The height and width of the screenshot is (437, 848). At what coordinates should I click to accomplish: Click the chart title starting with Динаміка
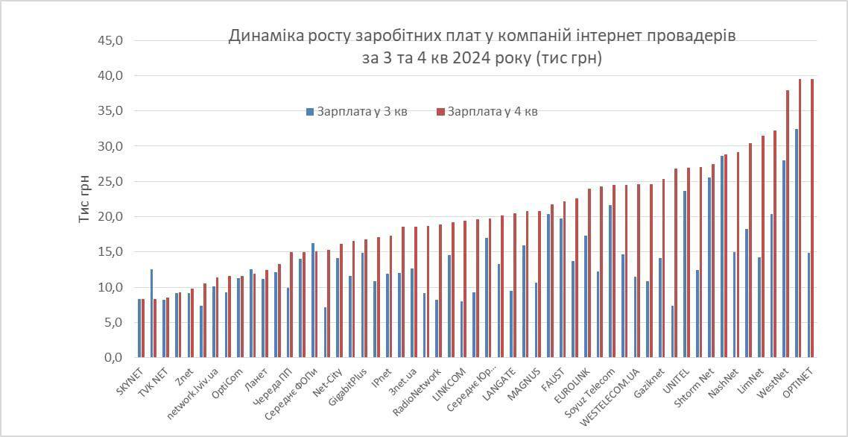click(481, 47)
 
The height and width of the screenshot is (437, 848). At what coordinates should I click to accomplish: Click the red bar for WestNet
click(788, 224)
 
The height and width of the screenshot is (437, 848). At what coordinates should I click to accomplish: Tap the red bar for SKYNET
click(143, 328)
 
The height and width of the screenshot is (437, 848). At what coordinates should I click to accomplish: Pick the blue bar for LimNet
click(759, 307)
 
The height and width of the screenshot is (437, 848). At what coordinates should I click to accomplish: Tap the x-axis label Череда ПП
click(273, 386)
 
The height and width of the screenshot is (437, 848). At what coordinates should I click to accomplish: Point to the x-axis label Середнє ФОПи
click(294, 392)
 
